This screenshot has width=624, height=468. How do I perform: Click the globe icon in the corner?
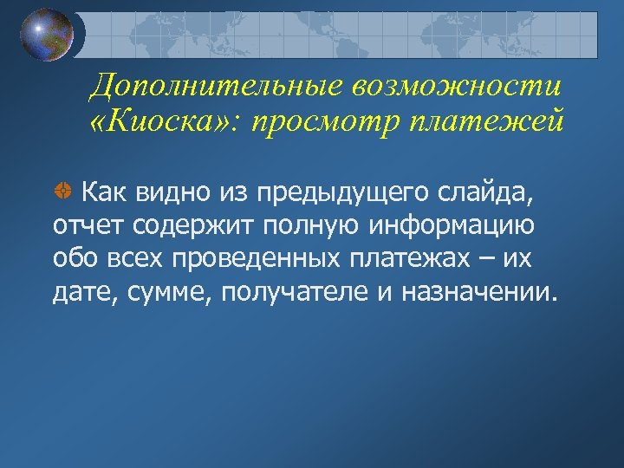[48, 36]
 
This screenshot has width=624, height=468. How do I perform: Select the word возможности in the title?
[458, 86]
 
